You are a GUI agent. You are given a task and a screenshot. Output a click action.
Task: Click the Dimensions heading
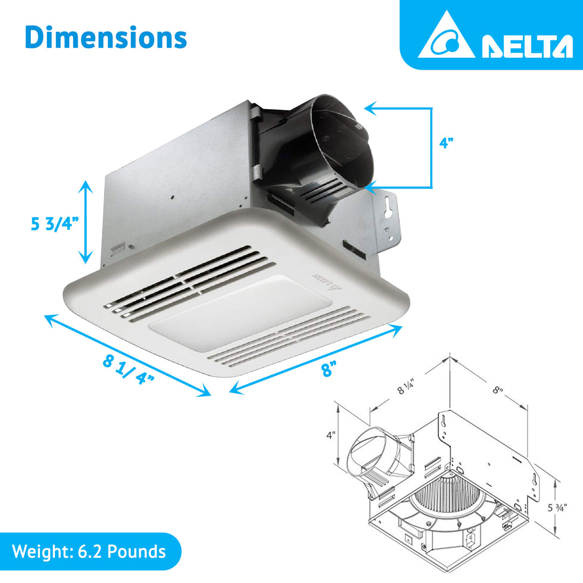tap(106, 38)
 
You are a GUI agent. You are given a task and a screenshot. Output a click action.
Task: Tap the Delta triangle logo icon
tap(446, 37)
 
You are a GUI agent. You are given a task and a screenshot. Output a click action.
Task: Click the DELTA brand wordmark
tap(527, 47)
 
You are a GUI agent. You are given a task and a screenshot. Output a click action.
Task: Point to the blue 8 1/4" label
tap(128, 369)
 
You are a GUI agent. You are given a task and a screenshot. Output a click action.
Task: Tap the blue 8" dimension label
tap(327, 370)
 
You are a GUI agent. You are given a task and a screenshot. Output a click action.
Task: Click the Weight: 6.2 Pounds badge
tap(89, 552)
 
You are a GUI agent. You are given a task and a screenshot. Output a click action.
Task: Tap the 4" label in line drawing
tap(331, 434)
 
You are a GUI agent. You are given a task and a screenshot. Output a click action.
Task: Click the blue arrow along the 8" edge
tap(316, 359)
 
